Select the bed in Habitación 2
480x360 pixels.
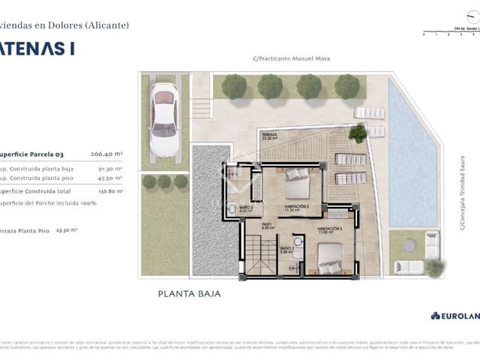297,180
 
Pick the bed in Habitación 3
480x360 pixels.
330,259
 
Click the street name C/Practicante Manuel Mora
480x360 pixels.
291,58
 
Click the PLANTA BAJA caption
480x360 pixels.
189,294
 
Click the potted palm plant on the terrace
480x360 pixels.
358,133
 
